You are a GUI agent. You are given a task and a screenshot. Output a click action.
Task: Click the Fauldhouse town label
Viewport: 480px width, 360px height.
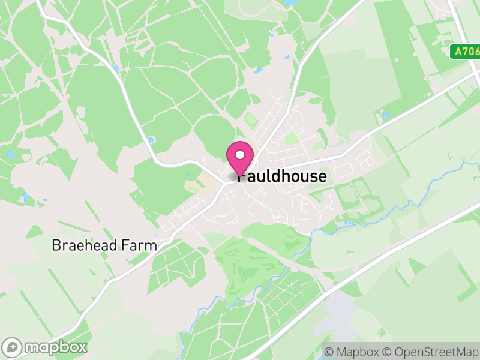283,176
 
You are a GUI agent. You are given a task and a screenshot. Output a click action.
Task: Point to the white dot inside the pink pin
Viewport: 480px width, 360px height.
240,155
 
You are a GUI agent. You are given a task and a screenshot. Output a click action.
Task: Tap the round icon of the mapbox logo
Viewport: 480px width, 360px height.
13,347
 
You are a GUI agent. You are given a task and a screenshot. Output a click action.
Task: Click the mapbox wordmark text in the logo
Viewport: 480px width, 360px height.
55,347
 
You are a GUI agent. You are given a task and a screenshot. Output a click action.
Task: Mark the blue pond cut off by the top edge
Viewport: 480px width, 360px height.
290,2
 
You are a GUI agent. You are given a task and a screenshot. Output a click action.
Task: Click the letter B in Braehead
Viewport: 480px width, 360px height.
56,245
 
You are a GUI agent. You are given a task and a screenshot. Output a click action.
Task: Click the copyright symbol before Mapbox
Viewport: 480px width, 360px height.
329,352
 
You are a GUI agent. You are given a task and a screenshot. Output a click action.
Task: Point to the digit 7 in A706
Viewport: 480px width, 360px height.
464,52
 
